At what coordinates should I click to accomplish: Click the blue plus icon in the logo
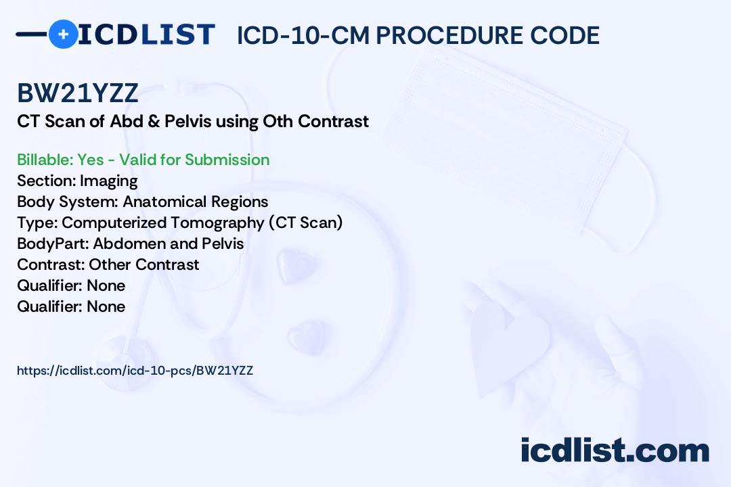tap(63, 34)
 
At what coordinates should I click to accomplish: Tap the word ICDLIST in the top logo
tap(146, 34)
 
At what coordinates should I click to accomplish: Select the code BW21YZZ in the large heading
tap(78, 93)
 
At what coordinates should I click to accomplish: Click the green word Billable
tap(44, 160)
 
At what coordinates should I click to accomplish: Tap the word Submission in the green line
tap(227, 160)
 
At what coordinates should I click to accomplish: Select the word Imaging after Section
tap(108, 181)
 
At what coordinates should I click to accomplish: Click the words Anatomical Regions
tap(196, 202)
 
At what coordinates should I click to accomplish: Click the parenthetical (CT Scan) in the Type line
tap(306, 223)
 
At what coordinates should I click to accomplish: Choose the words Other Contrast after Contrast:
tap(144, 264)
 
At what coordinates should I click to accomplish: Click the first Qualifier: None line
tap(71, 285)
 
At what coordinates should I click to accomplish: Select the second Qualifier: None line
tap(71, 306)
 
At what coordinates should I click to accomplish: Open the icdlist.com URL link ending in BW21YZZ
tap(135, 371)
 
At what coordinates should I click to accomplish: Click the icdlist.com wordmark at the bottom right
tap(615, 450)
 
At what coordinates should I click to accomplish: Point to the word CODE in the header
tap(565, 35)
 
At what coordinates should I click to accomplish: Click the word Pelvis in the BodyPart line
tap(223, 243)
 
